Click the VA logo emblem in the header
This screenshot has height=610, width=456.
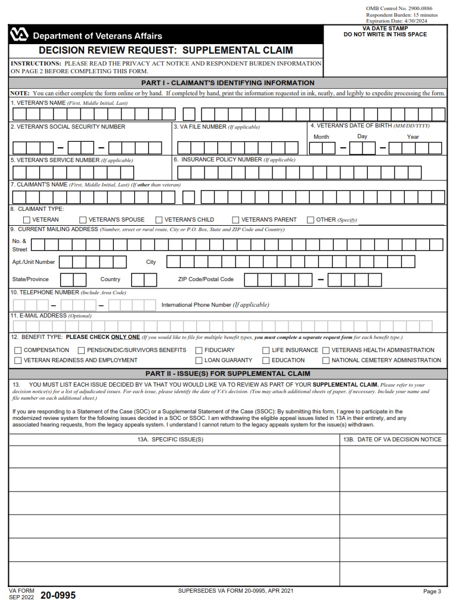point(18,35)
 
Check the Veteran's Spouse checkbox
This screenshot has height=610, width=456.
point(83,220)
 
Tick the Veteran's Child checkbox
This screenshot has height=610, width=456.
point(159,220)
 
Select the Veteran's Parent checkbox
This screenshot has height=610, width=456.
point(236,220)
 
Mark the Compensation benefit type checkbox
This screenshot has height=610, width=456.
point(18,350)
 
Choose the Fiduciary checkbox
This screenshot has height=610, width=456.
point(199,350)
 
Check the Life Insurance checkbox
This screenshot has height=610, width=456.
point(266,350)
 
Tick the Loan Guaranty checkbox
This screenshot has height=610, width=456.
point(199,360)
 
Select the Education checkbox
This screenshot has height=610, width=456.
point(266,360)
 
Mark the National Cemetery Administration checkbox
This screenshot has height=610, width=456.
point(326,360)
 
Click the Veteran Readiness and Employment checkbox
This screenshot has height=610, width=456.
point(18,360)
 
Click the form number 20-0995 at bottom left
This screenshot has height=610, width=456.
point(58,595)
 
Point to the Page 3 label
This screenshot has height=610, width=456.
point(432,592)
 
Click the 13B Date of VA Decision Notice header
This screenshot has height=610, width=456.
point(392,440)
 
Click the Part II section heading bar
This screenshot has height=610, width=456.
point(228,374)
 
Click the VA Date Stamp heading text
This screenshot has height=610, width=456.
point(385,29)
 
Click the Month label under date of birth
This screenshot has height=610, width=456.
point(321,136)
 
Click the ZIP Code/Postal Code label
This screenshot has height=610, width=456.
point(206,279)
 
